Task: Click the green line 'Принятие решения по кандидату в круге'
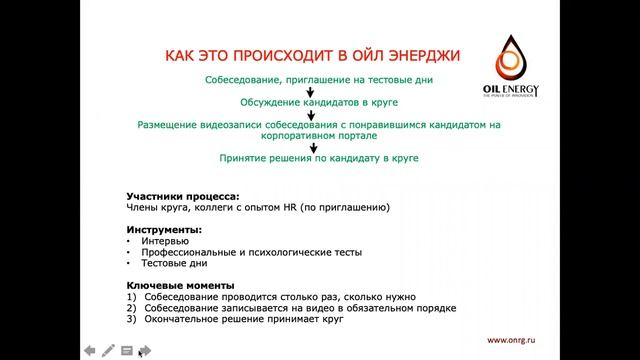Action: [318, 158]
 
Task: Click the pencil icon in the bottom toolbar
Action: [107, 350]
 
